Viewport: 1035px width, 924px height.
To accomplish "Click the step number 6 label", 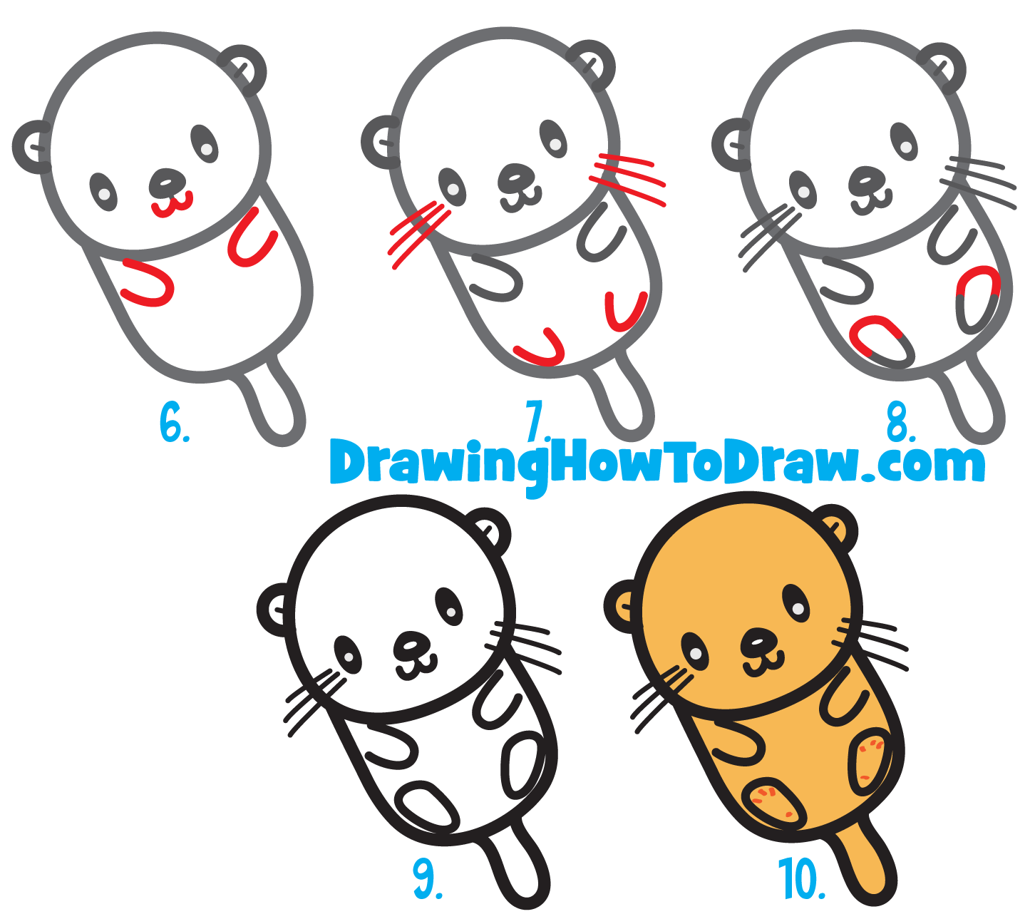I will [x=173, y=422].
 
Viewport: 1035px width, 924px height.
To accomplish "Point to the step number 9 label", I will [x=426, y=878].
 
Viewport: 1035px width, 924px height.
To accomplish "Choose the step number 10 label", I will [x=801, y=878].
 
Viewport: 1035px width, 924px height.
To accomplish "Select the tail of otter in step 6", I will [x=274, y=403].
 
